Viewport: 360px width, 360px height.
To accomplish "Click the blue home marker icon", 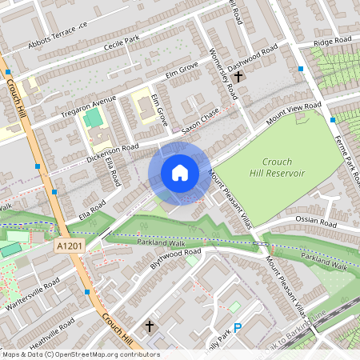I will point(179,173).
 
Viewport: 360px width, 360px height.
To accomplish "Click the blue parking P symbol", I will point(237,326).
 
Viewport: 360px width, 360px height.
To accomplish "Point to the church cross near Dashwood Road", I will point(238,74).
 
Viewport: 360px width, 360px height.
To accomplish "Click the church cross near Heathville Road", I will point(149,326).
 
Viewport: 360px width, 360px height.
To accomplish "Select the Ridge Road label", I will point(332,41).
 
